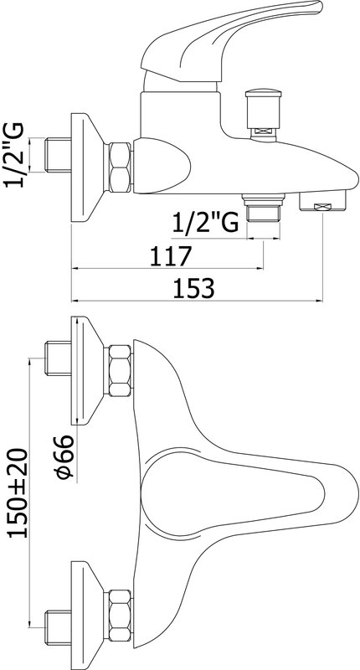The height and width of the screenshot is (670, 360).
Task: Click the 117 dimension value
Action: tap(170, 256)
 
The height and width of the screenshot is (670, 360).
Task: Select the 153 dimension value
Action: tap(193, 288)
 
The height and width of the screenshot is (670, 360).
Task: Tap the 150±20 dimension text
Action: tap(18, 492)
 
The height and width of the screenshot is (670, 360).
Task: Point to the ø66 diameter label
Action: tap(65, 457)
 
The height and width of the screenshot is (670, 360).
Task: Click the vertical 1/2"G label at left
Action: tap(13, 155)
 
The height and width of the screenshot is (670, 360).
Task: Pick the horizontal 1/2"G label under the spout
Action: tap(205, 222)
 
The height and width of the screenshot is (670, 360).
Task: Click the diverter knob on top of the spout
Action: tap(264, 114)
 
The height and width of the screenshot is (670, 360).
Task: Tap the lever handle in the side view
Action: tap(230, 40)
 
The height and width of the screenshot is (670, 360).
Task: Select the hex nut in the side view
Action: tap(120, 167)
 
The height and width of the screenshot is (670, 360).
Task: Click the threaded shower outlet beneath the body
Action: tap(264, 207)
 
